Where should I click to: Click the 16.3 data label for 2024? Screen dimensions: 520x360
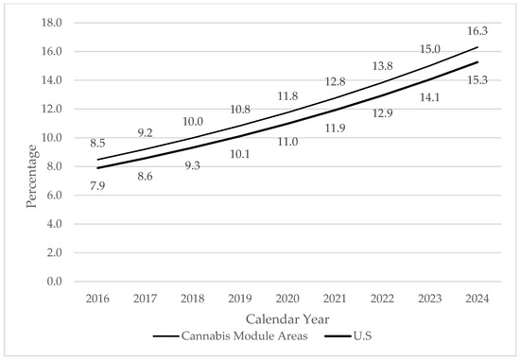click(x=477, y=31)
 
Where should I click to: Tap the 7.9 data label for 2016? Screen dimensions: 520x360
click(x=97, y=186)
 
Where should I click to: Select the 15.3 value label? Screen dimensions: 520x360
click(x=477, y=80)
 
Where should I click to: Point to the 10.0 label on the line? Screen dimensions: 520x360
click(x=193, y=122)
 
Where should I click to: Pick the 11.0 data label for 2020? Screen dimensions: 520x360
click(x=287, y=142)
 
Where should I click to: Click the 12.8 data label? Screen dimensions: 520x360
click(x=335, y=81)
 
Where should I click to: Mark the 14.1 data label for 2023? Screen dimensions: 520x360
click(x=429, y=97)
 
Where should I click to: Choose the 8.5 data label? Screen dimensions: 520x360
click(x=97, y=144)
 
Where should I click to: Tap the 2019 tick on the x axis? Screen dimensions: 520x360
click(x=240, y=299)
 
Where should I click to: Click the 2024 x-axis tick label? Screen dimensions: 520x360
click(x=477, y=299)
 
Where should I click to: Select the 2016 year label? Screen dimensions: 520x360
click(x=97, y=299)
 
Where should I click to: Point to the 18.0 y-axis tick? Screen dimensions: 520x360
click(x=52, y=23)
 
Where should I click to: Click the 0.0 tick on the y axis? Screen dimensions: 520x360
click(x=55, y=282)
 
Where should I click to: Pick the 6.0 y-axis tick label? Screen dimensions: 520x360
click(x=55, y=196)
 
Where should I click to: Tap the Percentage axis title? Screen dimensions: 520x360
click(x=31, y=177)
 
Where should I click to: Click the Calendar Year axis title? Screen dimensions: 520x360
click(x=287, y=319)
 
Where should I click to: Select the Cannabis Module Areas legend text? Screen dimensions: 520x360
click(x=245, y=336)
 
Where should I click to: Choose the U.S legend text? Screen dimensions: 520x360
click(x=362, y=336)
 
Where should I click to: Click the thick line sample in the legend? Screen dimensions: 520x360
click(x=338, y=336)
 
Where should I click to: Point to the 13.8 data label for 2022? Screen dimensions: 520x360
click(x=382, y=66)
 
